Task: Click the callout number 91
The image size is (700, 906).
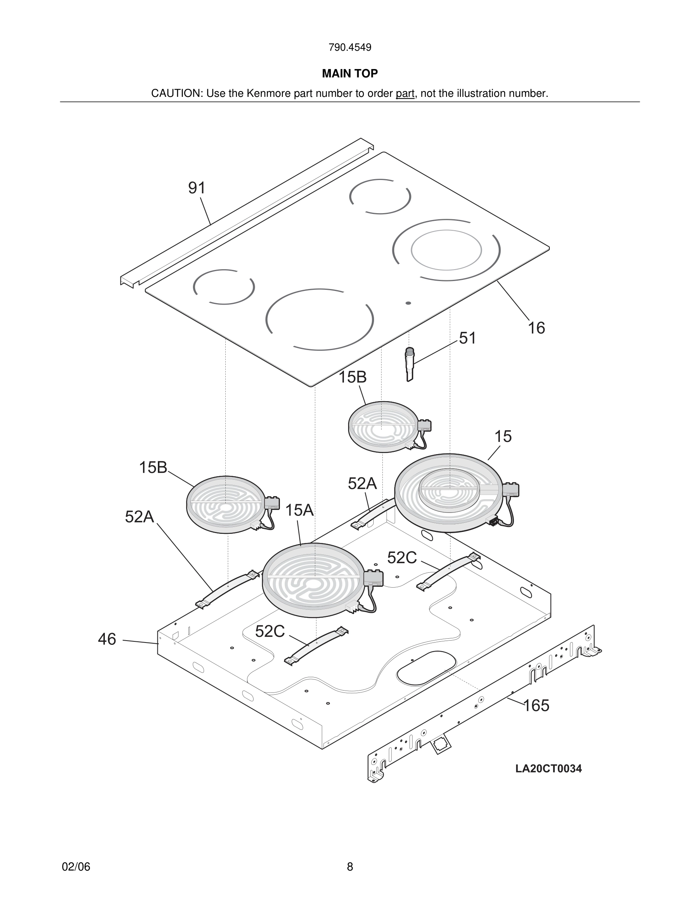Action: [197, 188]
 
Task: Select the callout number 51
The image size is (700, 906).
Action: [467, 338]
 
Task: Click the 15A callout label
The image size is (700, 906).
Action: [299, 510]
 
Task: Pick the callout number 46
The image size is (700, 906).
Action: [107, 639]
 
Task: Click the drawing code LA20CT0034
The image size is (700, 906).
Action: [548, 769]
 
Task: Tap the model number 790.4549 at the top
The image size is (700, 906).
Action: [350, 47]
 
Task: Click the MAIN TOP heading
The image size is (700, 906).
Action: [350, 74]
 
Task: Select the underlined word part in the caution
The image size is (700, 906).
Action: [405, 93]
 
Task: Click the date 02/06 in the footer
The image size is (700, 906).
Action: [76, 867]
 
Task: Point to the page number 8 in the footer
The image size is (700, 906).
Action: [350, 867]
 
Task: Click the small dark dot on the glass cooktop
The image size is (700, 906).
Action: [408, 303]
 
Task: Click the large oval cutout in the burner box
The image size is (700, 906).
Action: [426, 667]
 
